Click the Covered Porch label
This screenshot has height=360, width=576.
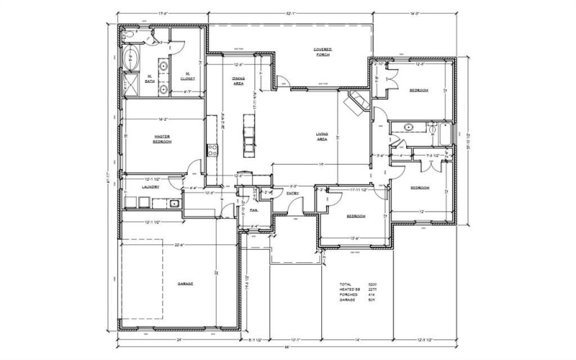[x=322, y=53]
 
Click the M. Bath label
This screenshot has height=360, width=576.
[x=150, y=79]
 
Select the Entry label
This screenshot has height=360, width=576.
[x=293, y=193]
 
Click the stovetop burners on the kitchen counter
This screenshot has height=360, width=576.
[x=212, y=150]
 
